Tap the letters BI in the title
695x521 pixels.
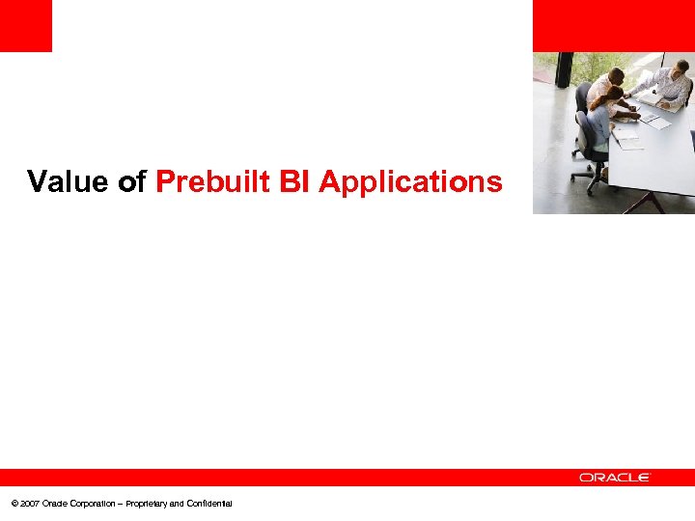(295, 181)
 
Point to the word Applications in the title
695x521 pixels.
(411, 182)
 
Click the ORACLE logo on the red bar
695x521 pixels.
(615, 478)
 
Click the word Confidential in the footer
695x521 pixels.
(207, 504)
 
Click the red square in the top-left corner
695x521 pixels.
(25, 25)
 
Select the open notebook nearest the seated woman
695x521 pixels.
(626, 142)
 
